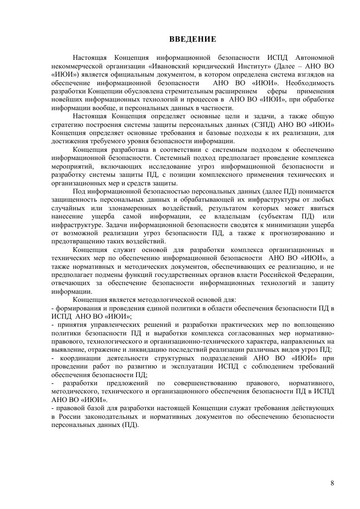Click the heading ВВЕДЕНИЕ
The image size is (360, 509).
[x=193, y=39]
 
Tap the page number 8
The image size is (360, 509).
[x=332, y=483]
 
